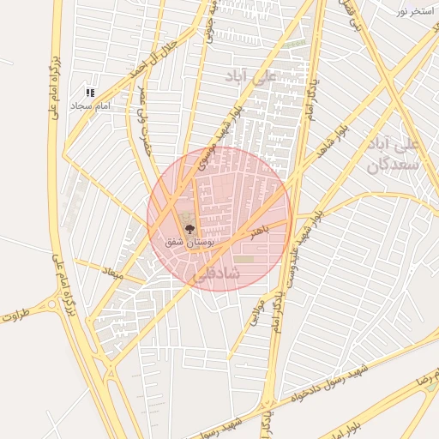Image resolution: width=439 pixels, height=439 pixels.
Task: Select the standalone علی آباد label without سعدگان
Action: point(250,77)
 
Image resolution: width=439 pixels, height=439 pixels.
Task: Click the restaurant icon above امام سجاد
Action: point(90,93)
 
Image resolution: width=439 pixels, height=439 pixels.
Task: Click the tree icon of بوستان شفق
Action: point(189,229)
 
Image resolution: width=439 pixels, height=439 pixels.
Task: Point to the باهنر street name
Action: point(260,230)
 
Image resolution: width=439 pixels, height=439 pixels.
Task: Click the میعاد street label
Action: point(112,274)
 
